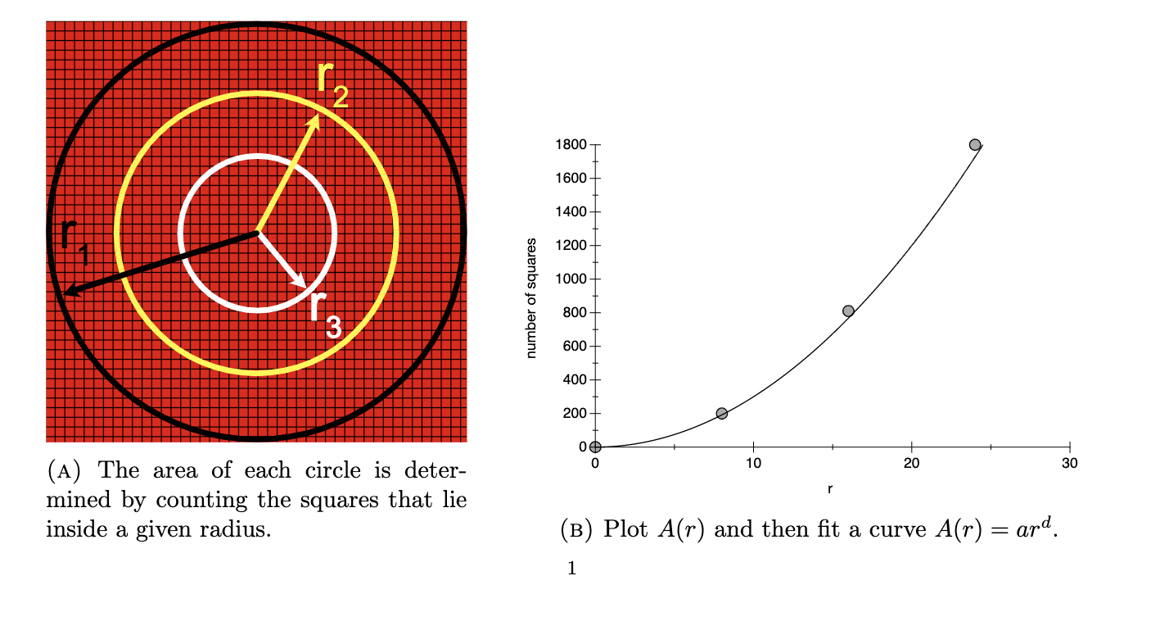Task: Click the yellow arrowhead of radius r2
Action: coord(315,121)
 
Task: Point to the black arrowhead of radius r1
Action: coord(69,292)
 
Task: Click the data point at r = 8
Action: coord(721,413)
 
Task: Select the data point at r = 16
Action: coord(848,311)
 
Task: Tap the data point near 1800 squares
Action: coord(974,144)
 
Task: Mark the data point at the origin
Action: coord(595,447)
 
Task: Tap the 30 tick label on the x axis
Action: coord(1069,464)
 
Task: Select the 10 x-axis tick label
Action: coord(753,464)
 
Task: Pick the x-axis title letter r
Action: coord(830,489)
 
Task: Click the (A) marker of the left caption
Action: coord(64,471)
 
